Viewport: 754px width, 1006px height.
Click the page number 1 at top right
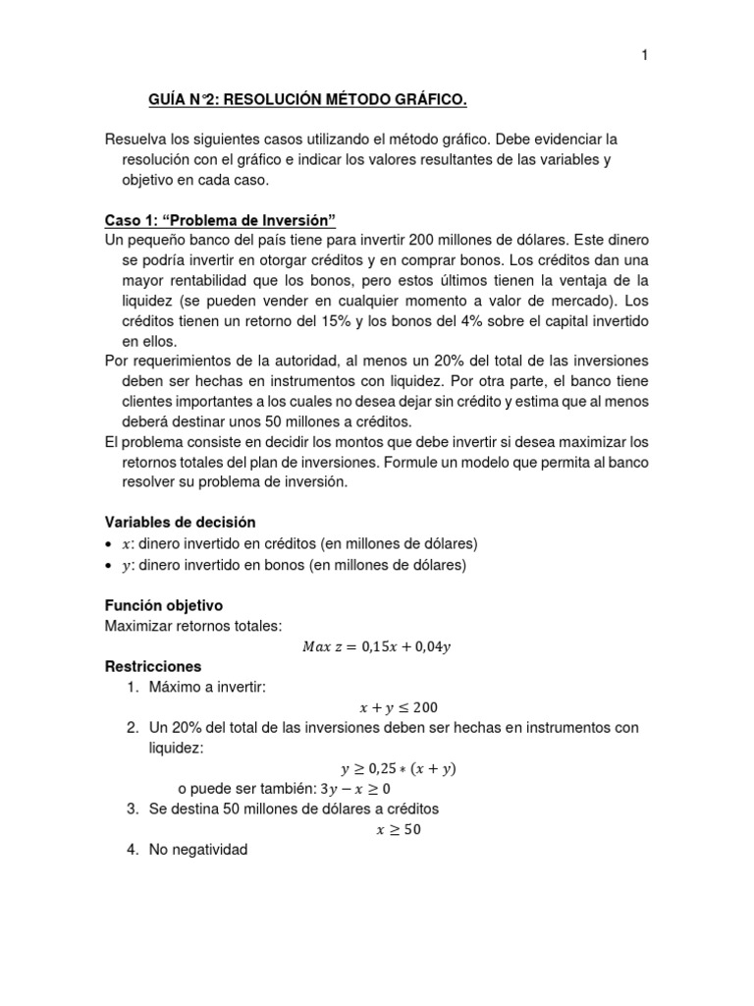coord(645,56)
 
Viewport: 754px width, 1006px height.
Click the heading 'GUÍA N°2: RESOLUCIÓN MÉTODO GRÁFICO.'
coord(307,100)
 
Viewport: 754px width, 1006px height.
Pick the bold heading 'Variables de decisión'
coord(181,522)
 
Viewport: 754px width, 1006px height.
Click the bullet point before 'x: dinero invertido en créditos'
coord(110,544)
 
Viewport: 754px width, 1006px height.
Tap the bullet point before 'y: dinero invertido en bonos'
coord(110,566)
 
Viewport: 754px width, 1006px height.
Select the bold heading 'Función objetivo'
coord(165,605)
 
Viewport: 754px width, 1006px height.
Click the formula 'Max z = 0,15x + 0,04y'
coord(378,646)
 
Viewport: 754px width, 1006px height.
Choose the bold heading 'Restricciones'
coord(152,666)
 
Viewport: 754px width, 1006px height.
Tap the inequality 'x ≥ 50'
coord(399,830)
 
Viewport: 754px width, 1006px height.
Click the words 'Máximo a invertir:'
coord(207,687)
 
